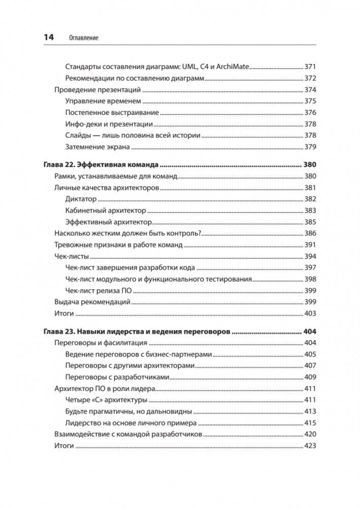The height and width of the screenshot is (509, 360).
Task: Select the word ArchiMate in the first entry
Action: coord(231,67)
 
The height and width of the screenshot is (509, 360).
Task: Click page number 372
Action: coord(310,78)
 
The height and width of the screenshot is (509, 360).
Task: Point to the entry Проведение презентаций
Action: coord(97,90)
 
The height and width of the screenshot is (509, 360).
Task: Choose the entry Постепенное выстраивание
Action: coord(112,112)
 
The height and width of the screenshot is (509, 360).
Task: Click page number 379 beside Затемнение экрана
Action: coord(310,147)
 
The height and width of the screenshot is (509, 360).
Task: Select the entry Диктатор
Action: coord(81,199)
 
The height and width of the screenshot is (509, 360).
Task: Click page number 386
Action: coord(310,233)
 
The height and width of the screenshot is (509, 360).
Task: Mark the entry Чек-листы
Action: coord(71,256)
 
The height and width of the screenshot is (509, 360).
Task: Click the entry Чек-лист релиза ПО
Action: coord(99,290)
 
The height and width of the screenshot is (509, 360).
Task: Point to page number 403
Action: coord(310,313)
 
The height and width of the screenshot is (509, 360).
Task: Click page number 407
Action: coord(310,366)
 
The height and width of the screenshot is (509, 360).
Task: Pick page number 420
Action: coord(310,434)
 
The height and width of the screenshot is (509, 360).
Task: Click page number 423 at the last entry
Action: coord(310,446)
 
